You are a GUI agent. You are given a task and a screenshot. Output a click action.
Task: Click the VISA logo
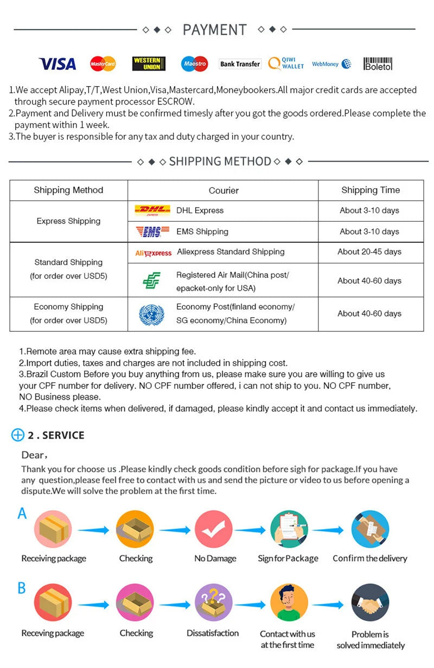[57, 64]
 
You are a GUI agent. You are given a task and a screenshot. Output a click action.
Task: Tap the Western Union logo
[149, 64]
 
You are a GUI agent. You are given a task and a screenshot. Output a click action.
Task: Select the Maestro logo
[194, 64]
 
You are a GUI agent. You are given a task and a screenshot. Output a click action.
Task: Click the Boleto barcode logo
[378, 64]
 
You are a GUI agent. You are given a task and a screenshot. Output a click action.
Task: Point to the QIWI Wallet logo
[286, 64]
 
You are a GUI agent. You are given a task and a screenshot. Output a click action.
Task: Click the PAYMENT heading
[214, 30]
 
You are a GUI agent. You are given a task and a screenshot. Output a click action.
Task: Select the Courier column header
[224, 190]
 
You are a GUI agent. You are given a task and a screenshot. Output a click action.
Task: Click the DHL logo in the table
[152, 210]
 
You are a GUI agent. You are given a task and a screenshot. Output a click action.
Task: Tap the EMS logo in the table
[149, 232]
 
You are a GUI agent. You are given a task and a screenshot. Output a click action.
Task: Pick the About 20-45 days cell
[369, 252]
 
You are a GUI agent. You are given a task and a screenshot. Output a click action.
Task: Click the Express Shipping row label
[68, 221]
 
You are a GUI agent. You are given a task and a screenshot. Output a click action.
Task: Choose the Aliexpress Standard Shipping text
[230, 252]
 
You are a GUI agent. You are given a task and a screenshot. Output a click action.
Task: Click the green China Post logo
[151, 281]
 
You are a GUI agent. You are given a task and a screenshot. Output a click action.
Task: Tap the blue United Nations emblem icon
[151, 314]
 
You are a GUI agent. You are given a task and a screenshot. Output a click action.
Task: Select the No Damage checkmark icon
[213, 529]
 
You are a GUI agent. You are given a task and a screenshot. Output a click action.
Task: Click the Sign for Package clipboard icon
[289, 529]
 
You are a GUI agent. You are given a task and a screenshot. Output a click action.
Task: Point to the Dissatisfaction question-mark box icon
[213, 602]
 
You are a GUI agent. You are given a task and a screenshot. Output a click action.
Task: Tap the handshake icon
[370, 602]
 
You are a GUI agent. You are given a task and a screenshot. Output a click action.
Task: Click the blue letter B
[22, 588]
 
